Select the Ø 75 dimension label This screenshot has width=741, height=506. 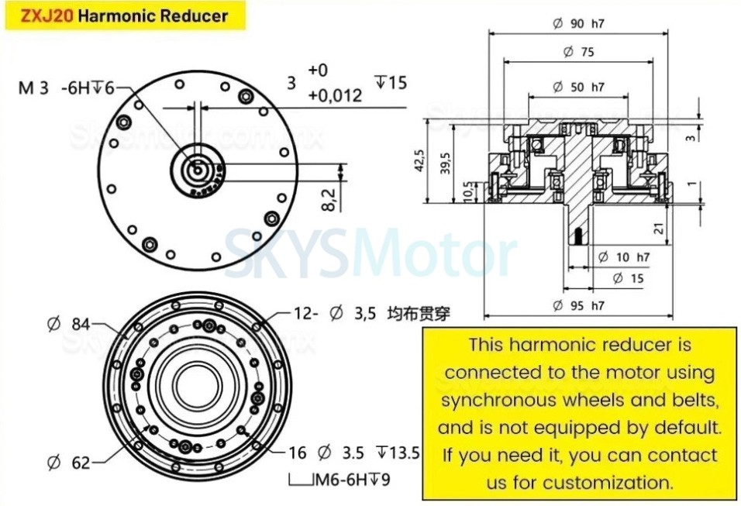(578, 52)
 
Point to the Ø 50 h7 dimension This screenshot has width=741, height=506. (578, 87)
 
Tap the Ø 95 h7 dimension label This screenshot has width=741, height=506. (578, 305)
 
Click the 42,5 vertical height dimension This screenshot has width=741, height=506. (419, 163)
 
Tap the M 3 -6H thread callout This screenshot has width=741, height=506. (66, 88)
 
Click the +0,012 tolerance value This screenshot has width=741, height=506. (335, 96)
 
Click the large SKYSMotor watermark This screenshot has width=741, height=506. (370, 254)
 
